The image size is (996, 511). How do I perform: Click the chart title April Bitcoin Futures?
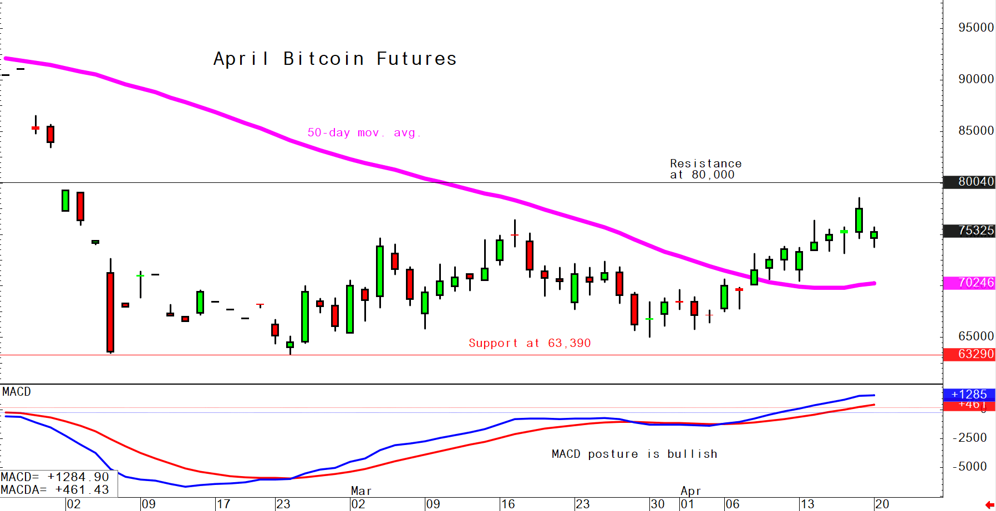pos(335,59)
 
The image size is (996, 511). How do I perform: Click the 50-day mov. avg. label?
pos(364,132)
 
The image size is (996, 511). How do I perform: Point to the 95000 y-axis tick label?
pos(975,28)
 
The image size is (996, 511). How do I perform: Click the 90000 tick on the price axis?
pos(975,79)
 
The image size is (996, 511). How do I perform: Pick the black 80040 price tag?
pos(975,182)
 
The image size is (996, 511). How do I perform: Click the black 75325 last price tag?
pos(975,231)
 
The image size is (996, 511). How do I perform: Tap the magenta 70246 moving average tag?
pos(975,283)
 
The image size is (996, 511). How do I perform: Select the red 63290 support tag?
pos(975,354)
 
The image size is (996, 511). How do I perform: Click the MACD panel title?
pos(17,392)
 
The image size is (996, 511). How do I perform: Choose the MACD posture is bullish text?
pos(634,454)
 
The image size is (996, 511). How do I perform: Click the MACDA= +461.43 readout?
pos(55,490)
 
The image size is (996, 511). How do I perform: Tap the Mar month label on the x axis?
pos(361,491)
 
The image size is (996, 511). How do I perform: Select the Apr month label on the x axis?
pos(691,491)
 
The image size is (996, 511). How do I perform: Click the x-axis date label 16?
pos(507,504)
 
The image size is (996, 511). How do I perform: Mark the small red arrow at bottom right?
pos(989,505)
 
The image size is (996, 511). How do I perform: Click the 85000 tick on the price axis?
pos(975,131)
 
